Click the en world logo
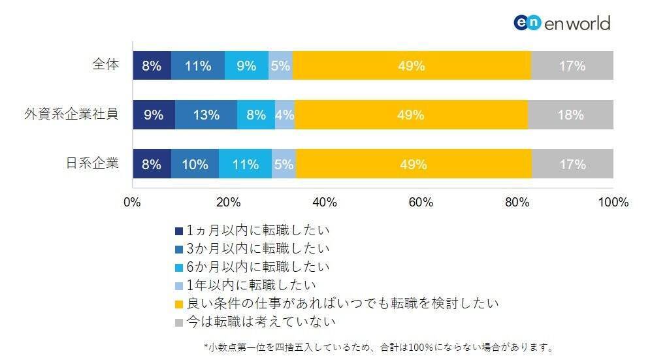click(x=562, y=23)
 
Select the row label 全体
click(x=105, y=65)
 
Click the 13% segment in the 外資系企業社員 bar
click(x=206, y=115)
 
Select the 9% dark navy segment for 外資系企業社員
click(x=154, y=115)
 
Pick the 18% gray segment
click(x=570, y=115)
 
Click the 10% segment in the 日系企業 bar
click(x=195, y=164)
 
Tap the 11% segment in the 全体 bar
click(x=197, y=65)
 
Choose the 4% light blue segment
click(x=284, y=115)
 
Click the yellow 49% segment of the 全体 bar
click(x=412, y=65)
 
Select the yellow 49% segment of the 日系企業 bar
click(x=414, y=164)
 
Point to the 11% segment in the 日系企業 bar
click(x=245, y=164)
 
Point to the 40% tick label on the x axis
click(x=325, y=203)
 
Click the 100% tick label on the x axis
click(x=613, y=203)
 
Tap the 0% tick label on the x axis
click(x=133, y=203)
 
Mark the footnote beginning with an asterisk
click(x=378, y=347)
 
